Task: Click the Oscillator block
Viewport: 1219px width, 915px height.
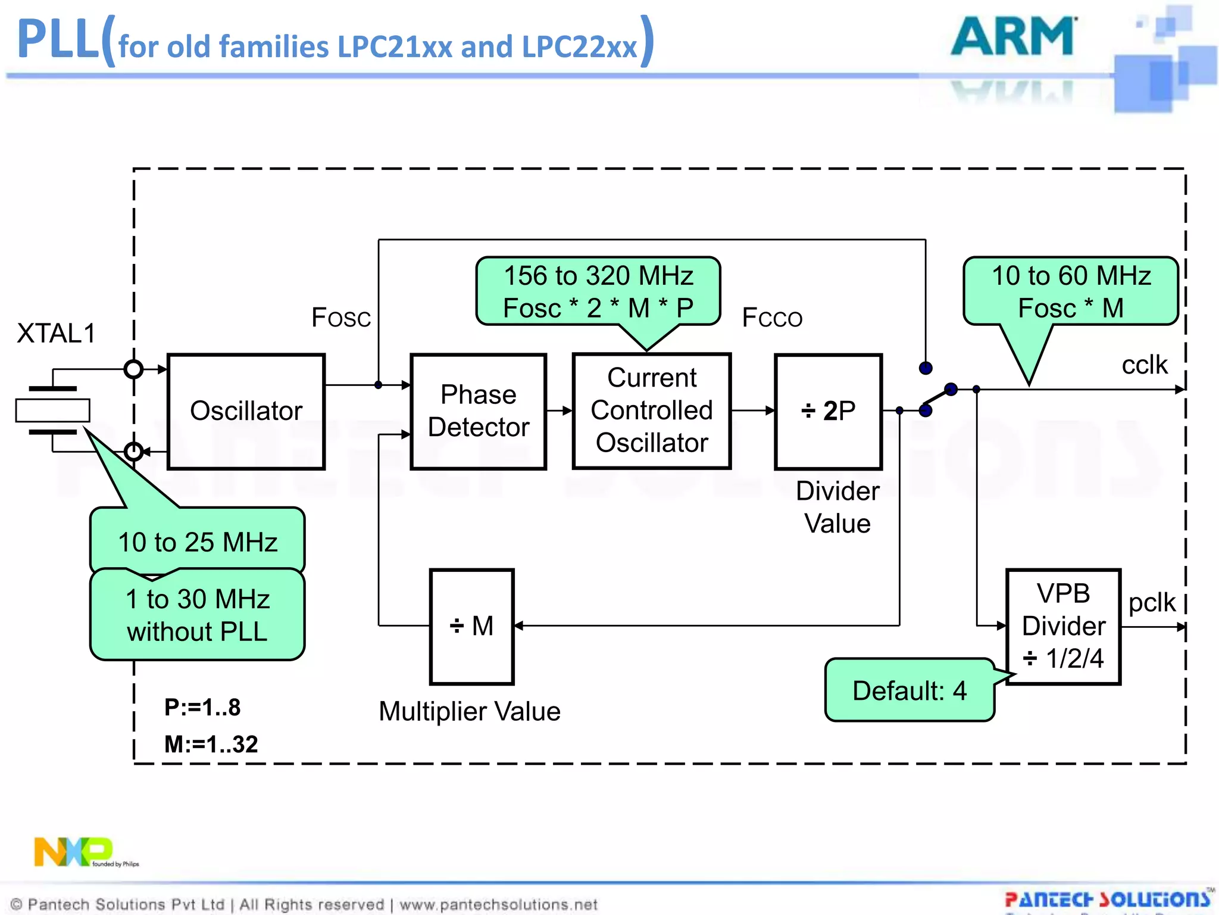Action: tap(246, 411)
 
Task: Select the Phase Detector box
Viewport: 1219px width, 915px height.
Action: tap(478, 411)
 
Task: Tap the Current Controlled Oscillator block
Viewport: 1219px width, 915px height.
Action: tap(651, 411)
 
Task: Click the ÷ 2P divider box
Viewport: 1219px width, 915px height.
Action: tap(828, 411)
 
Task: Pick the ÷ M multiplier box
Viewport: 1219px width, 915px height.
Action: tap(471, 626)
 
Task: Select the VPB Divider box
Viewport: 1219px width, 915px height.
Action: tap(1063, 626)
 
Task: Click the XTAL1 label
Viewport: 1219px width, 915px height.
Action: tap(56, 334)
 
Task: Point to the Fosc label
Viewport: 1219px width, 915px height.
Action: tap(341, 318)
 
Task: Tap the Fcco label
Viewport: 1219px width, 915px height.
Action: tap(772, 318)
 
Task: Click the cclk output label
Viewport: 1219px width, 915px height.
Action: tap(1144, 365)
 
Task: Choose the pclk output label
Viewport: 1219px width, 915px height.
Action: tap(1152, 602)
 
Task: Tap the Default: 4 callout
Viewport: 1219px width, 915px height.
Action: tap(909, 690)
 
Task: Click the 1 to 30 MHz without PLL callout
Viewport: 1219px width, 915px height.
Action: tap(198, 615)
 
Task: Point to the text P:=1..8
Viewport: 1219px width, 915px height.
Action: tap(202, 707)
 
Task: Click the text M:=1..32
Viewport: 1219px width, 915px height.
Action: tap(211, 744)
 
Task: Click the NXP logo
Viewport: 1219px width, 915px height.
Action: tap(74, 851)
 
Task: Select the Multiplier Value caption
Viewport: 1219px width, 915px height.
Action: tap(470, 711)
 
